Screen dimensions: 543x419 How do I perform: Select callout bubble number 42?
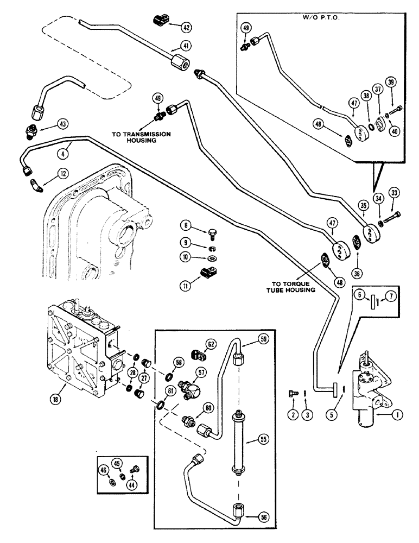coord(186,26)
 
